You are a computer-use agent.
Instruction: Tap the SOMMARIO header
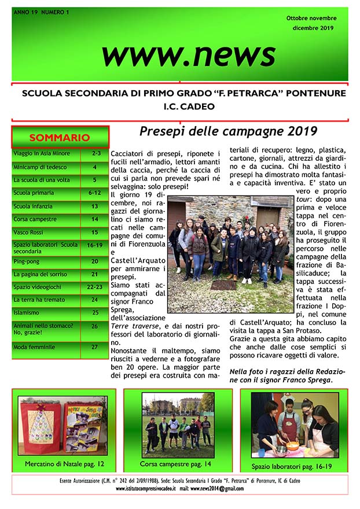pos(60,138)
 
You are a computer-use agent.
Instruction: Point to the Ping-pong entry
pos(27,261)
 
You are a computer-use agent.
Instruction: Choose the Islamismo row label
pos(28,312)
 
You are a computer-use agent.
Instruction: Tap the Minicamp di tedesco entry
pos(38,167)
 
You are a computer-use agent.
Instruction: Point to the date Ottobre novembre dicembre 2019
pos(311,23)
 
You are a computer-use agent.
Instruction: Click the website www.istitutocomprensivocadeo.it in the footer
pos(145,489)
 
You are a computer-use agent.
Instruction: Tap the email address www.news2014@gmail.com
pos(217,489)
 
